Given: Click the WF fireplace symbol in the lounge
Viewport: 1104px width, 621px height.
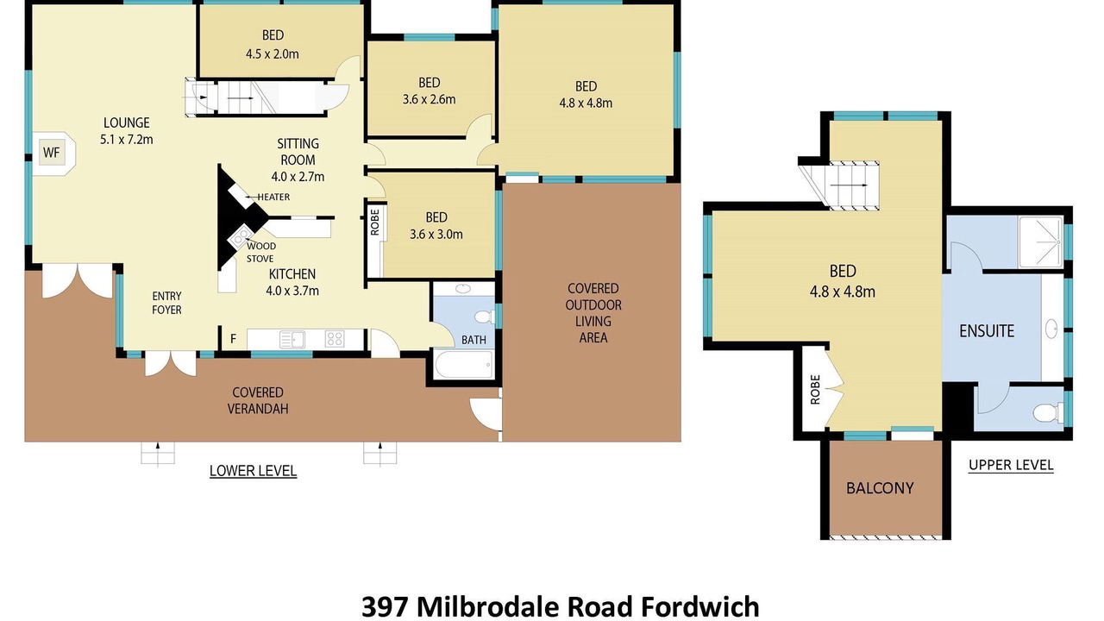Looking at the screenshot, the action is pyautogui.click(x=51, y=153).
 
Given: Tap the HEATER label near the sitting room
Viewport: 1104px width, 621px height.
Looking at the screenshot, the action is pyautogui.click(x=273, y=198).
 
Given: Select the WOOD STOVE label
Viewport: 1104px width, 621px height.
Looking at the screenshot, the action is pyautogui.click(x=260, y=253).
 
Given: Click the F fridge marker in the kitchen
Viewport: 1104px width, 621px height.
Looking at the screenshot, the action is pyautogui.click(x=233, y=339).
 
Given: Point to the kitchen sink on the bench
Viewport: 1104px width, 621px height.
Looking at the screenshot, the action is pyautogui.click(x=292, y=339).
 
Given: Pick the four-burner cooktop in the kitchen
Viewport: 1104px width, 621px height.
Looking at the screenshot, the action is pyautogui.click(x=335, y=339).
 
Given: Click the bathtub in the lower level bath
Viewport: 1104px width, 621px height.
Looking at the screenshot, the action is pyautogui.click(x=464, y=365).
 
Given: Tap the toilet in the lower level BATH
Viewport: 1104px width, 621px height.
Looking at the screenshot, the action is pyautogui.click(x=486, y=316).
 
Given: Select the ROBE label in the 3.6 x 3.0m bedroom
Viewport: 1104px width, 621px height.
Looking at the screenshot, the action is pyautogui.click(x=375, y=223).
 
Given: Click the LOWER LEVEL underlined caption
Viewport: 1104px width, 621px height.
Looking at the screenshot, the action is pyautogui.click(x=253, y=471).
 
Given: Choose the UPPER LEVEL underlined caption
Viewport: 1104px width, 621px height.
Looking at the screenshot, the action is pyautogui.click(x=1011, y=465).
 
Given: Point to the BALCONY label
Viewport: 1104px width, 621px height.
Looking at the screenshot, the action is pyautogui.click(x=880, y=488).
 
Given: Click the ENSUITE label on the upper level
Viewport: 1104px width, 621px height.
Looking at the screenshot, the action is pyautogui.click(x=987, y=330).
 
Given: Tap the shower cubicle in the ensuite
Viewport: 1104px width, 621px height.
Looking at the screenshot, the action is pyautogui.click(x=1040, y=242).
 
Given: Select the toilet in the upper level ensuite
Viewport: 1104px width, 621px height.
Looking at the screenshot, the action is pyautogui.click(x=1048, y=412).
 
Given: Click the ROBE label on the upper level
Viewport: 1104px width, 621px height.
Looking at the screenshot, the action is pyautogui.click(x=815, y=390).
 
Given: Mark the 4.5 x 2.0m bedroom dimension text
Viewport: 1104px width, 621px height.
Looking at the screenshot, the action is pyautogui.click(x=273, y=53).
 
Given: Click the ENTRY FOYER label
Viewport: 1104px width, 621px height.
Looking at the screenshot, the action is pyautogui.click(x=166, y=303).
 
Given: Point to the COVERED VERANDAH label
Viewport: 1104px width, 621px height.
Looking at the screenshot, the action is pyautogui.click(x=258, y=400).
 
